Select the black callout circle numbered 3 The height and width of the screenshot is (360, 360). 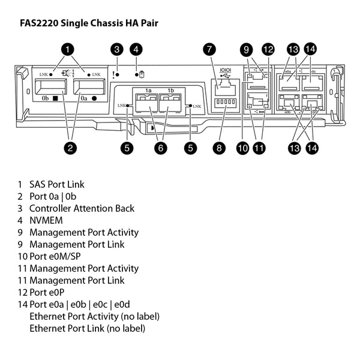coord(118,49)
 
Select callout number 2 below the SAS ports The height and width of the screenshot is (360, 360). coord(70,148)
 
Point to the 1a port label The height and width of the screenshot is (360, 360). coord(148,91)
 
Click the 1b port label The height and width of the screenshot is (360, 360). coord(170,91)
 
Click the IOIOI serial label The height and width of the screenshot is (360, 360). coord(226,70)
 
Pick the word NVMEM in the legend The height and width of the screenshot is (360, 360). coord(46,220)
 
